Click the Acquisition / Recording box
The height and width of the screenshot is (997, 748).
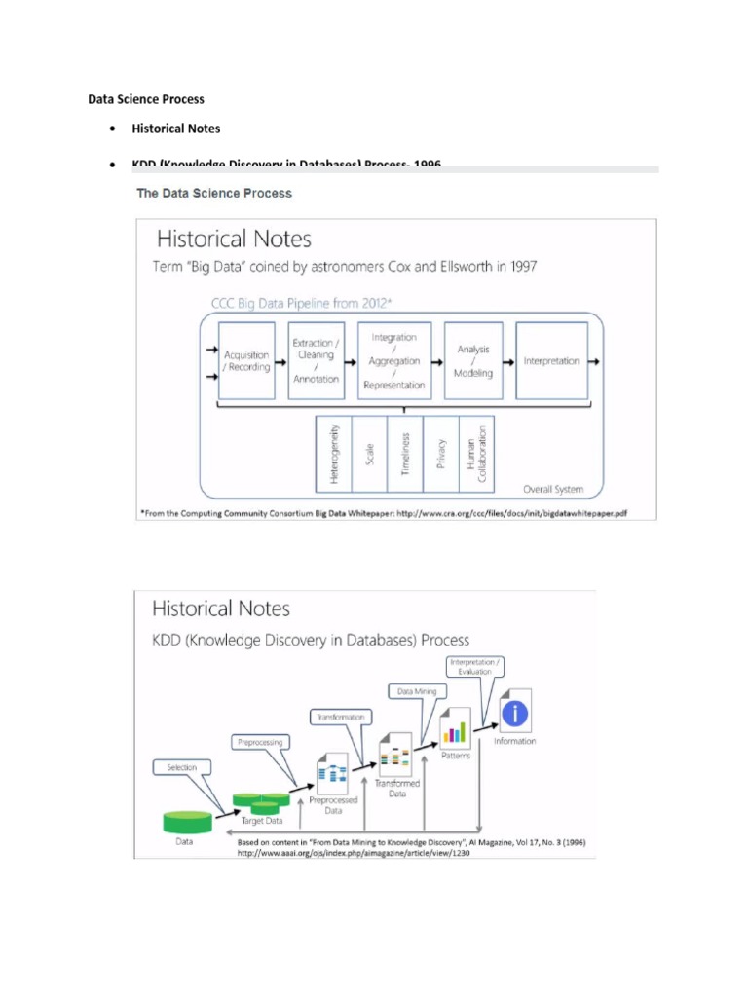tap(246, 361)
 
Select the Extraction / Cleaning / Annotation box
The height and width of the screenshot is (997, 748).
tap(317, 361)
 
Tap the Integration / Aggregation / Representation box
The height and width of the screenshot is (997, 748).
tap(393, 361)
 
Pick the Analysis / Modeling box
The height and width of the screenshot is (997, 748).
tap(473, 361)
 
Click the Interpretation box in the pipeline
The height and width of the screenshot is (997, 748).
tap(551, 361)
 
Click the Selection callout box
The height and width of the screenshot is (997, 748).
tap(182, 767)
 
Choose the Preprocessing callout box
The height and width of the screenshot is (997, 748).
tap(260, 742)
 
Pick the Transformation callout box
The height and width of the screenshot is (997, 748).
tap(339, 717)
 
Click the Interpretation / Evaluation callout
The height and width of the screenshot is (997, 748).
tap(474, 667)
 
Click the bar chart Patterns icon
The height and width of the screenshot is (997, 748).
tap(455, 729)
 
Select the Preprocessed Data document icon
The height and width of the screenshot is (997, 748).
tap(333, 775)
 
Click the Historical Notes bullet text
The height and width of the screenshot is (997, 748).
tap(176, 129)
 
